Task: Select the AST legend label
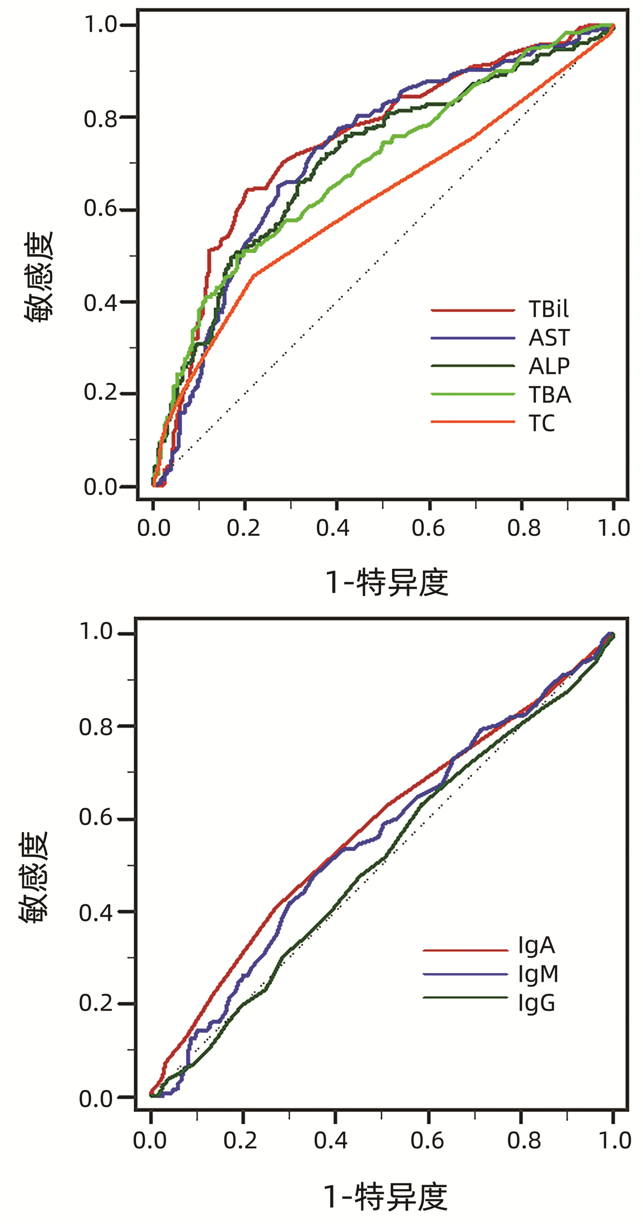[x=549, y=338]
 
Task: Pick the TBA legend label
[x=550, y=394]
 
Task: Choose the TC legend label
[x=541, y=423]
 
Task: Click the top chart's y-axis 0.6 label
[x=100, y=209]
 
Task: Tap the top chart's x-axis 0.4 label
[x=333, y=528]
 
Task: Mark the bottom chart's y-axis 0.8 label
[x=96, y=727]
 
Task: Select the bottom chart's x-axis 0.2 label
[x=241, y=1141]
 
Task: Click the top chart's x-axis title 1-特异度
[x=386, y=582]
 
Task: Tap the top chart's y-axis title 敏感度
[x=39, y=277]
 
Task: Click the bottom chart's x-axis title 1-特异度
[x=385, y=1196]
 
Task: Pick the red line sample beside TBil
[x=472, y=310]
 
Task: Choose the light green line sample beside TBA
[x=472, y=394]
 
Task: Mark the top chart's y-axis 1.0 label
[x=100, y=24]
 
